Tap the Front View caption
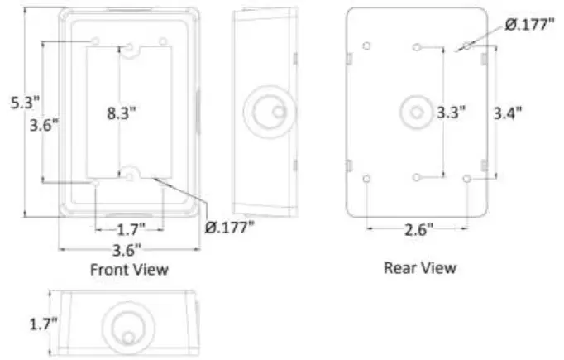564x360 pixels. pyautogui.click(x=129, y=269)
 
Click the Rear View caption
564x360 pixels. pyautogui.click(x=419, y=267)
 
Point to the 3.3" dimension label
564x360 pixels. pyautogui.click(x=451, y=112)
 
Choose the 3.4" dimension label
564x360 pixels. pyautogui.click(x=508, y=113)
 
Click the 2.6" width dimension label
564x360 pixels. pyautogui.click(x=419, y=230)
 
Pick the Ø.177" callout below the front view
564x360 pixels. pyautogui.click(x=229, y=226)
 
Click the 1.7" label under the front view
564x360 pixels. pyautogui.click(x=129, y=227)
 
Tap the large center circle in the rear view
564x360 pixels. pyautogui.click(x=416, y=112)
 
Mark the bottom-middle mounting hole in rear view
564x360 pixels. pyautogui.click(x=418, y=179)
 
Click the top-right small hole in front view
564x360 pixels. pyautogui.click(x=163, y=41)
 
